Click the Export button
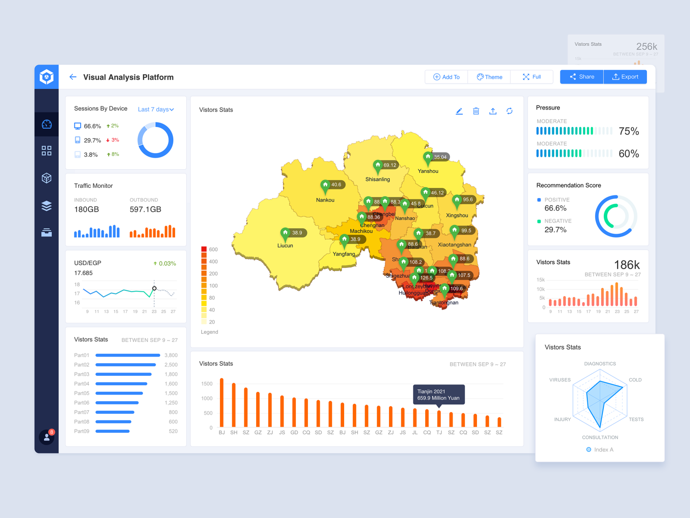(625, 77)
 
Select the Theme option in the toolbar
(489, 77)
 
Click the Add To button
(446, 77)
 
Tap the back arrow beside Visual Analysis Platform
(73, 77)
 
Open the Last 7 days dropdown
(156, 109)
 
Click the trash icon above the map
(476, 111)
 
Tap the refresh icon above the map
(509, 111)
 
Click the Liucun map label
(285, 245)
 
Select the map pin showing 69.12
(378, 166)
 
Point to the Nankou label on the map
(325, 200)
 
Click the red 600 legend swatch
(203, 249)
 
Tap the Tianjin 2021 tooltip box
(439, 395)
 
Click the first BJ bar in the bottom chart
(222, 402)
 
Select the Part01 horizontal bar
(128, 355)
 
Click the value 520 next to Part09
(173, 431)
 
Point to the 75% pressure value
(629, 131)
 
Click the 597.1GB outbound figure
(145, 209)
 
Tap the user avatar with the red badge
(47, 437)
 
